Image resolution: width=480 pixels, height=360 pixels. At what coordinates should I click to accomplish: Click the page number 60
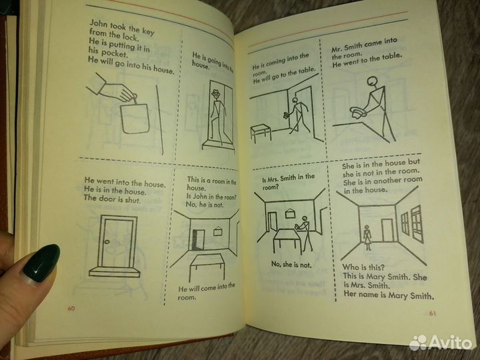pos(71,308)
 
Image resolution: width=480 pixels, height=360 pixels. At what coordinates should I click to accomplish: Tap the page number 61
pos(432,313)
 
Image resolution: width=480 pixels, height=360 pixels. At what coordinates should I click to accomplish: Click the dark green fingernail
pos(41,263)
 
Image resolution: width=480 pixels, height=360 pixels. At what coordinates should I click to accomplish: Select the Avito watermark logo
pos(441,343)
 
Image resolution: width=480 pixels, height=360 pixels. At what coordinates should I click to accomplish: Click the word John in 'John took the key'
pos(99,24)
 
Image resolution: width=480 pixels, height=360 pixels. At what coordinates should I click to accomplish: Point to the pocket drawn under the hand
pos(135,119)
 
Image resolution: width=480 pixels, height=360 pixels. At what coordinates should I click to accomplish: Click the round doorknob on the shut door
pos(107,242)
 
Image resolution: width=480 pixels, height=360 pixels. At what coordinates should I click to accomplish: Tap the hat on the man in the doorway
pos(216,93)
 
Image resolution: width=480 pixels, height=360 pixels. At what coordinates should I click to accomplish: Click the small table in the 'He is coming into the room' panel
pos(261,133)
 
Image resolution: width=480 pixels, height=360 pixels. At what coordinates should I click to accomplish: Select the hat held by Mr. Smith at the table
pos(357,112)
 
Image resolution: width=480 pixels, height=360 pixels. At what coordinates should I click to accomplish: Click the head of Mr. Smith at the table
pos(373,81)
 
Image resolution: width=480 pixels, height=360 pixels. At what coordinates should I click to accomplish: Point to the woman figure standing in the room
pos(367,238)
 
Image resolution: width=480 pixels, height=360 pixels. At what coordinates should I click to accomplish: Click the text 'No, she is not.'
pos(291,264)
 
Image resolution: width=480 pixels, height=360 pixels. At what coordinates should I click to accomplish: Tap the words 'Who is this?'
pos(363,267)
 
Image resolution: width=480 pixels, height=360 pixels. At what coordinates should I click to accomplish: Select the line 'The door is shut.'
pos(112,199)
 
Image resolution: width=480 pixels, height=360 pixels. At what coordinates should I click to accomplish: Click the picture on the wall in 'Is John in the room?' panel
pos(217,231)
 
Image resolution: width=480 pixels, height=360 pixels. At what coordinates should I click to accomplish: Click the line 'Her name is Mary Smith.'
pos(389,295)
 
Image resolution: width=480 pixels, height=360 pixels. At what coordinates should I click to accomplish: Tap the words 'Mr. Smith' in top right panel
pos(347,48)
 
